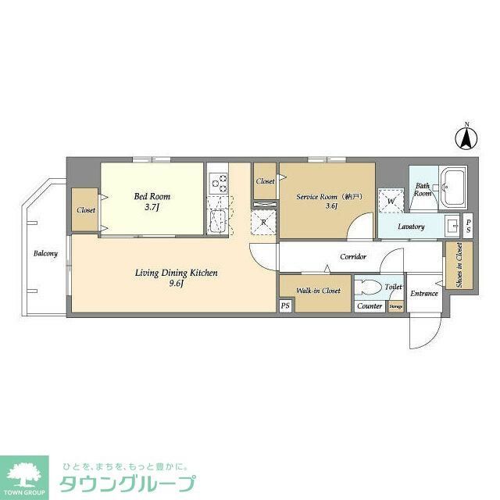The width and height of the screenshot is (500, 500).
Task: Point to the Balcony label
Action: [x=45, y=253]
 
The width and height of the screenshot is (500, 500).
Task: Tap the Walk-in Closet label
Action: [x=318, y=290]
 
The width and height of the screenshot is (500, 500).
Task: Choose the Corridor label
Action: [x=353, y=256]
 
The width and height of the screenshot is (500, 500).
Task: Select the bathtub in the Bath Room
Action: [x=453, y=188]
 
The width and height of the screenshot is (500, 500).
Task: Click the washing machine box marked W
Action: [x=389, y=201]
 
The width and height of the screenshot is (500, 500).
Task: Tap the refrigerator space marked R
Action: [x=264, y=222]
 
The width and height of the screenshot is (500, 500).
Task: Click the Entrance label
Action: [x=423, y=294]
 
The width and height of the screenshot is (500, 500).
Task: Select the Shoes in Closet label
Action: [x=459, y=266]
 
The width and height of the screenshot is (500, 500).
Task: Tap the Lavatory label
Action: [x=410, y=227]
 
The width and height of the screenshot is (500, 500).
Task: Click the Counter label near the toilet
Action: [x=370, y=306]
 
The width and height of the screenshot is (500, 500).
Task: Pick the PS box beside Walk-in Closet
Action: [x=285, y=305]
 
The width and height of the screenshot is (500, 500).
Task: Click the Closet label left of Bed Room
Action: [x=85, y=210]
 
